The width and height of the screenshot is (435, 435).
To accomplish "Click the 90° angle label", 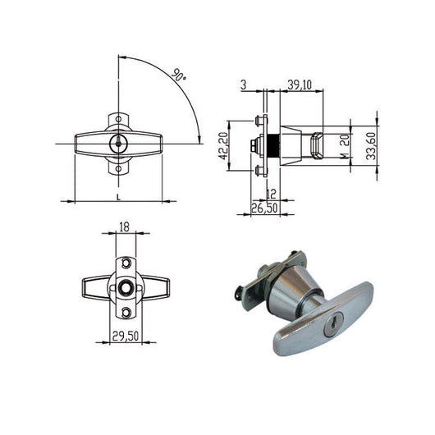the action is coord(178,76).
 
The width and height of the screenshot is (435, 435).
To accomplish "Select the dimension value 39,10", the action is coord(300,85).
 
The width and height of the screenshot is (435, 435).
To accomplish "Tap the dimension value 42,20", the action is coord(223,146).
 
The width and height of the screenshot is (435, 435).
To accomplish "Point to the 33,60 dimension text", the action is coord(371,146).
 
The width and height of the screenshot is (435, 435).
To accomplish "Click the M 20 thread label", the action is coord(345,147).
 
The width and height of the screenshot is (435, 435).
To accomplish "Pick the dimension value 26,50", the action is coord(264,208).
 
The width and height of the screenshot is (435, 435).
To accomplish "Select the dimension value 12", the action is coord(271,195).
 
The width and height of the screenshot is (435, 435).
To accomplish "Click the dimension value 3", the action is coord(243,85).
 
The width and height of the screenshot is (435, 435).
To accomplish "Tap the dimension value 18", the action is coord(124,227).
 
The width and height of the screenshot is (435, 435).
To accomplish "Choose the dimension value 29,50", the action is coord(126,336).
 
